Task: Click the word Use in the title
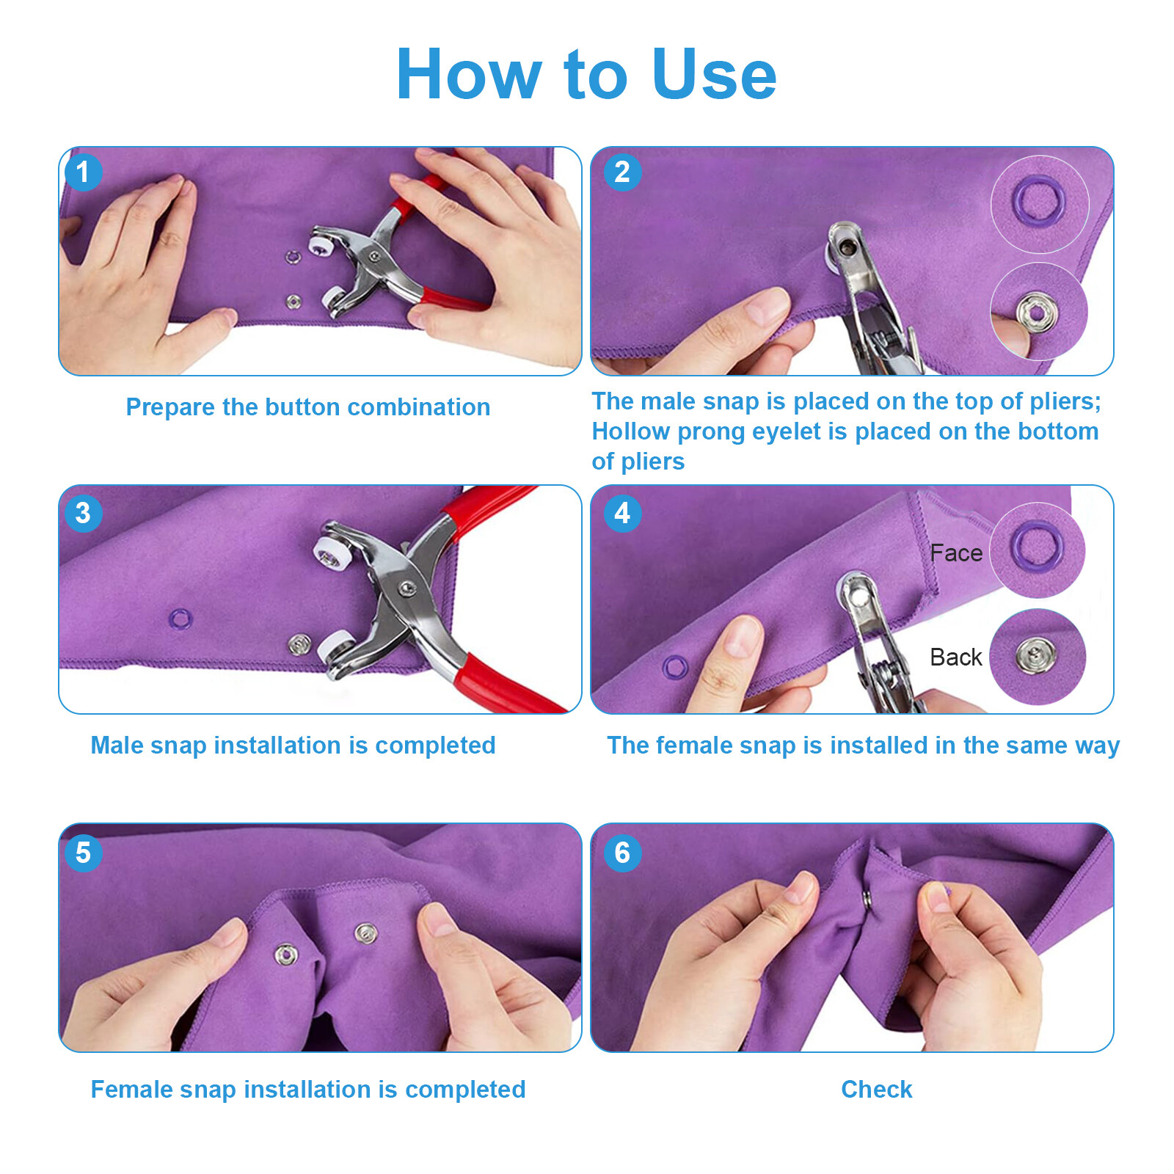(x=713, y=74)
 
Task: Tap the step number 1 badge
(x=83, y=172)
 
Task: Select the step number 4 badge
(x=622, y=513)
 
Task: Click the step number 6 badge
(x=622, y=853)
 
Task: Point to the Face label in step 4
(x=955, y=553)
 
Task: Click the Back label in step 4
(x=955, y=657)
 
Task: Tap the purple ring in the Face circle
(x=1037, y=547)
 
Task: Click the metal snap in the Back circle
(x=1035, y=655)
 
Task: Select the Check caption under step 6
(x=876, y=1090)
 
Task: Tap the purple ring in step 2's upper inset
(x=1038, y=200)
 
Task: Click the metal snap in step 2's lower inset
(x=1036, y=313)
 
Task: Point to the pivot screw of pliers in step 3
(x=406, y=588)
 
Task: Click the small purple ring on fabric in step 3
(x=181, y=619)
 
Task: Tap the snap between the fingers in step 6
(x=867, y=899)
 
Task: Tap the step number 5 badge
(x=83, y=853)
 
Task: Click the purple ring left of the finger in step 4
(x=675, y=667)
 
